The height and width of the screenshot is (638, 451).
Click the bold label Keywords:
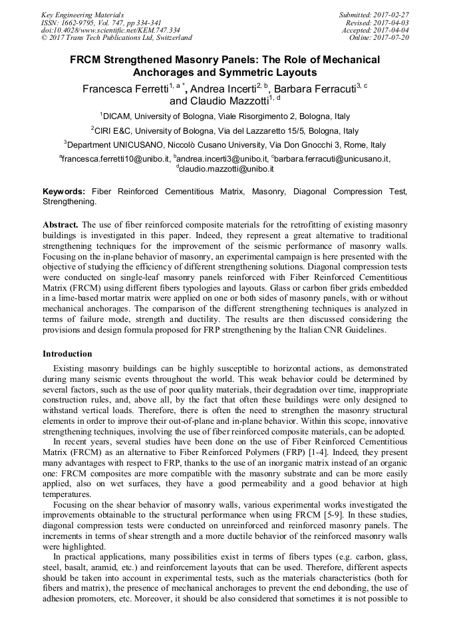click(x=64, y=192)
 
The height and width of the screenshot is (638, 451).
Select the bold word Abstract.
click(x=61, y=225)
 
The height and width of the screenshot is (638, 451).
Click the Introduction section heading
click(x=67, y=353)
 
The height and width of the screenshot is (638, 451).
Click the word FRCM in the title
click(x=88, y=60)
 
